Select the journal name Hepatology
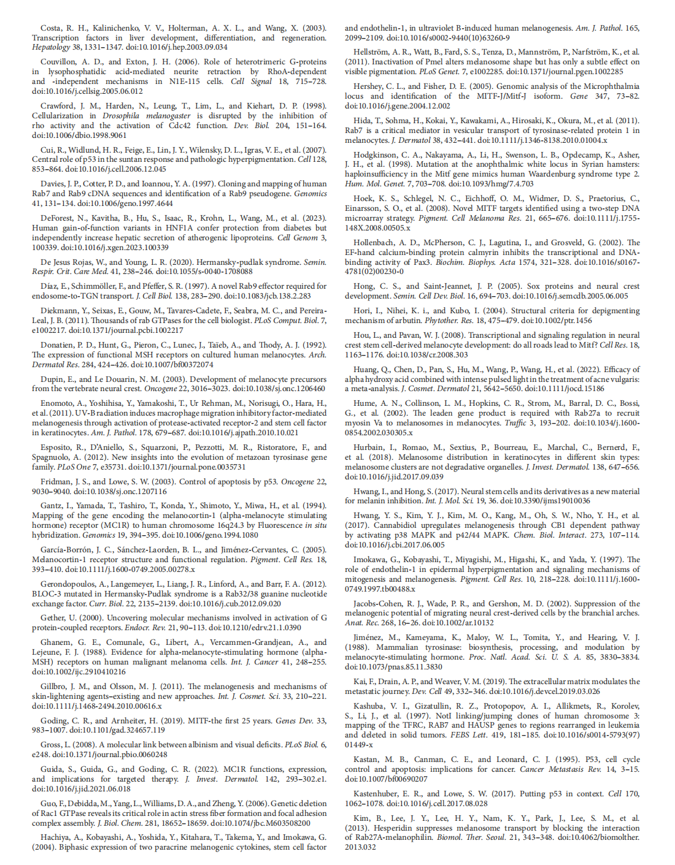click(x=51, y=47)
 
